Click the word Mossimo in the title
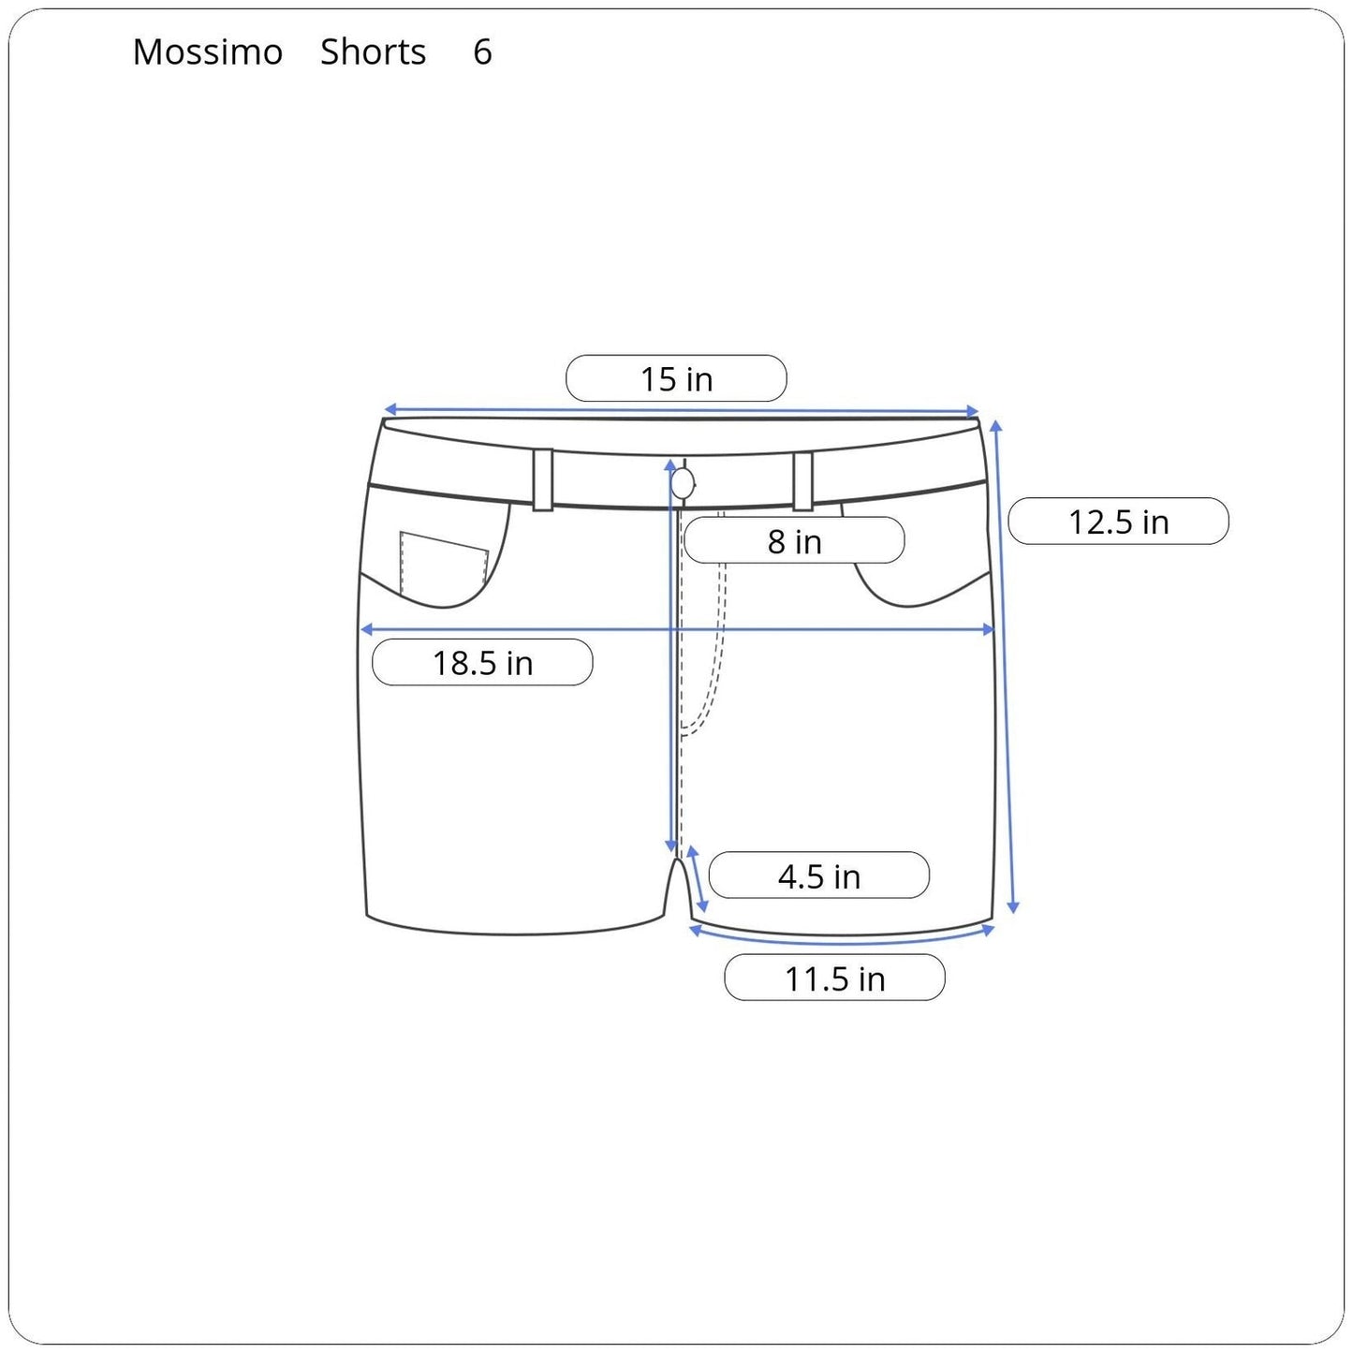point(207,52)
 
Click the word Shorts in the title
point(373,52)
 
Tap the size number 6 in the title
point(482,52)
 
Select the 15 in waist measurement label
point(676,379)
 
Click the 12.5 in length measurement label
point(1118,522)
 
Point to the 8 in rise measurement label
point(794,541)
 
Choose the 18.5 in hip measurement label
point(482,663)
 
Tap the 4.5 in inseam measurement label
point(818,876)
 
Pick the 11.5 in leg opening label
point(834,978)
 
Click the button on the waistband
point(683,483)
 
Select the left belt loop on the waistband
point(542,479)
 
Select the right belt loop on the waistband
point(802,480)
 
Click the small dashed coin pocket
point(444,566)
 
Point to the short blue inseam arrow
point(698,878)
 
